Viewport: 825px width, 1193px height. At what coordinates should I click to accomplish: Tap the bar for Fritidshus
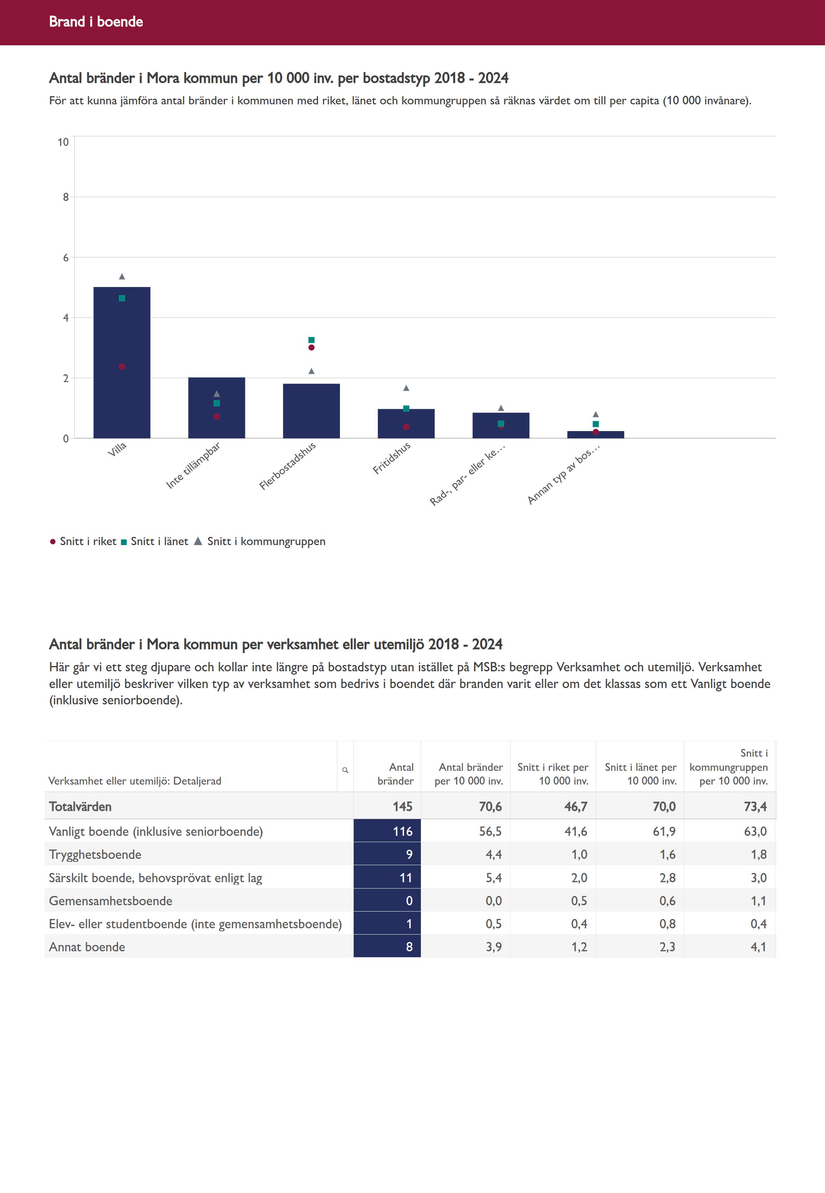[x=406, y=424]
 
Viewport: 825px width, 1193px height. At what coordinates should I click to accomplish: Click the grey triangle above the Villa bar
[x=122, y=277]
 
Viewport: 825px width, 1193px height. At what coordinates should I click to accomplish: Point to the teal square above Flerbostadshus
[x=311, y=340]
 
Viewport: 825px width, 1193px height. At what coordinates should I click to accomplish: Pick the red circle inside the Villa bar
[x=122, y=366]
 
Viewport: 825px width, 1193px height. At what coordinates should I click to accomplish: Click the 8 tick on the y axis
[x=66, y=197]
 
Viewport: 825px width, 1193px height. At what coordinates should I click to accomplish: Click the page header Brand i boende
[x=96, y=22]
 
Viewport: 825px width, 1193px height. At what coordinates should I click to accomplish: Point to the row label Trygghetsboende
[x=95, y=854]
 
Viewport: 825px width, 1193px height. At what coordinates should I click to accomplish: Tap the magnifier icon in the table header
[x=345, y=770]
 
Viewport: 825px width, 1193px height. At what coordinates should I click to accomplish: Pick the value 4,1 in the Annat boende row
[x=758, y=947]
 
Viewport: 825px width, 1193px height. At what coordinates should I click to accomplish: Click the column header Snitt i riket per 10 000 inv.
[x=553, y=774]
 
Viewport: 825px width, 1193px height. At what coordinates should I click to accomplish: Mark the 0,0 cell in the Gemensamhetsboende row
[x=493, y=901]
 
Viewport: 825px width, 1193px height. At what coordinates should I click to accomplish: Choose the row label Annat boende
[x=87, y=947]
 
